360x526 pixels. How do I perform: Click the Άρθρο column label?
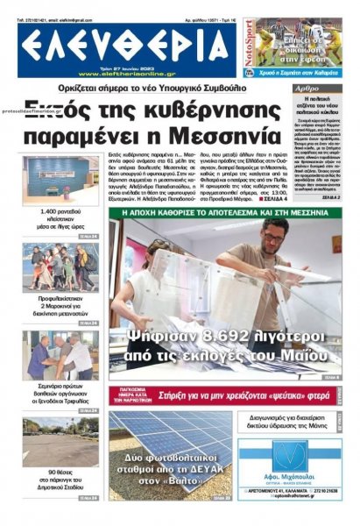[307, 89]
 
